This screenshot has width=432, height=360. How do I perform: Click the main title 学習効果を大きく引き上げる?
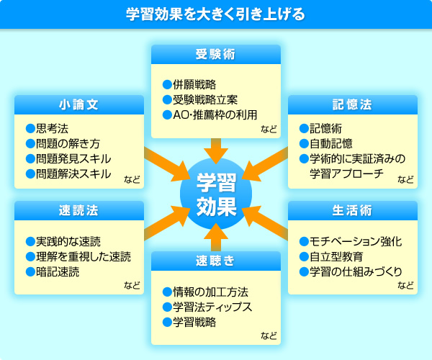[215, 14]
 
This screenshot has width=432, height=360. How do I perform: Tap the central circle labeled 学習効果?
[216, 194]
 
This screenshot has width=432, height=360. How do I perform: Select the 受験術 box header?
[216, 54]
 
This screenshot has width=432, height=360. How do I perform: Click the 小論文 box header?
[79, 104]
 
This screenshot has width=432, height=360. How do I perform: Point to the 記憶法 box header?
[353, 104]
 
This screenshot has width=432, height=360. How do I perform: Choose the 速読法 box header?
[79, 210]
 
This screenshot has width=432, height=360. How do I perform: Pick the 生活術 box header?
[353, 210]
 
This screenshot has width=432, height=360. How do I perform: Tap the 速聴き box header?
[216, 261]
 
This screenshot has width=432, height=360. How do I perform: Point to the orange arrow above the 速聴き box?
[216, 237]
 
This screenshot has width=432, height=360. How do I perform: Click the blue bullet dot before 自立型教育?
[304, 257]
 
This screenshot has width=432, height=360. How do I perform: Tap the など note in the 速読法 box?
[132, 285]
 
